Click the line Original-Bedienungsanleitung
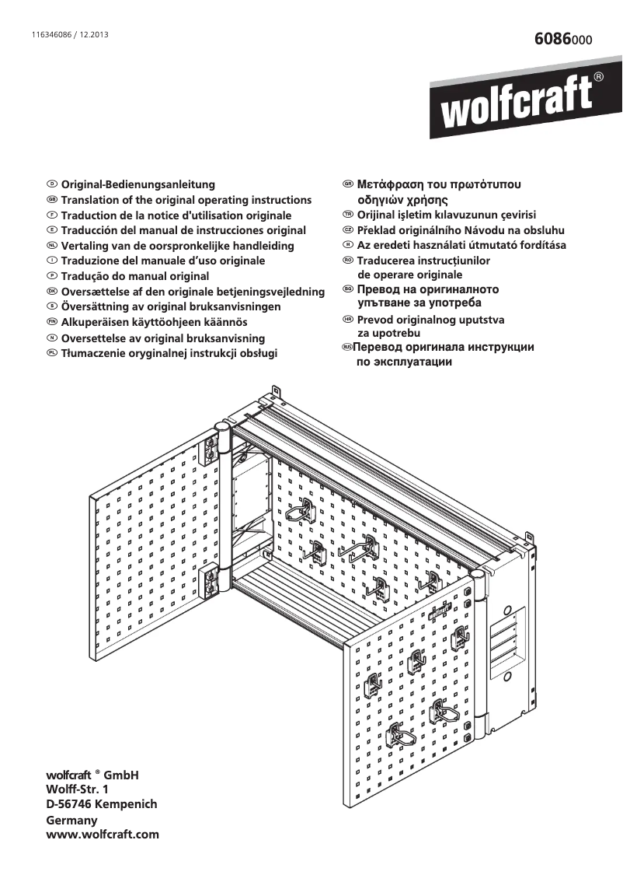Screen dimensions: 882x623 tap(137, 185)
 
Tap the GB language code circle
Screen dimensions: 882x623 tap(52, 200)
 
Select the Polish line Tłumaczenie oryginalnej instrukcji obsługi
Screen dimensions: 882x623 tap(169, 353)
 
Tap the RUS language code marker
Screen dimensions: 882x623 tap(347, 346)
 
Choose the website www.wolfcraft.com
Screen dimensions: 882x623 tap(103, 835)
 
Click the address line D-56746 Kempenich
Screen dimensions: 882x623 tap(102, 804)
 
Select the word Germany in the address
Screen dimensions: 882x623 tap(71, 820)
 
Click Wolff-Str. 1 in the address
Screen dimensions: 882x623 tap(78, 789)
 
